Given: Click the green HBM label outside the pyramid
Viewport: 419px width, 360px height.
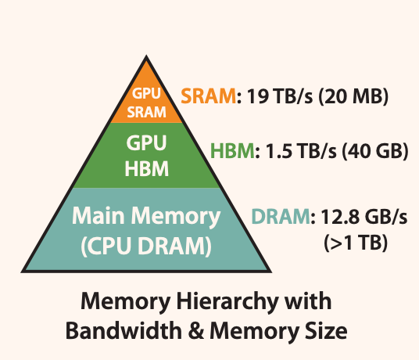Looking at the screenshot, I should click(x=233, y=150).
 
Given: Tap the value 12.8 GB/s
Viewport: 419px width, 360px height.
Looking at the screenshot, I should click(x=356, y=217).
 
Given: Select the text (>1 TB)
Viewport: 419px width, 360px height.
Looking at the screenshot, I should click(x=354, y=242).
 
